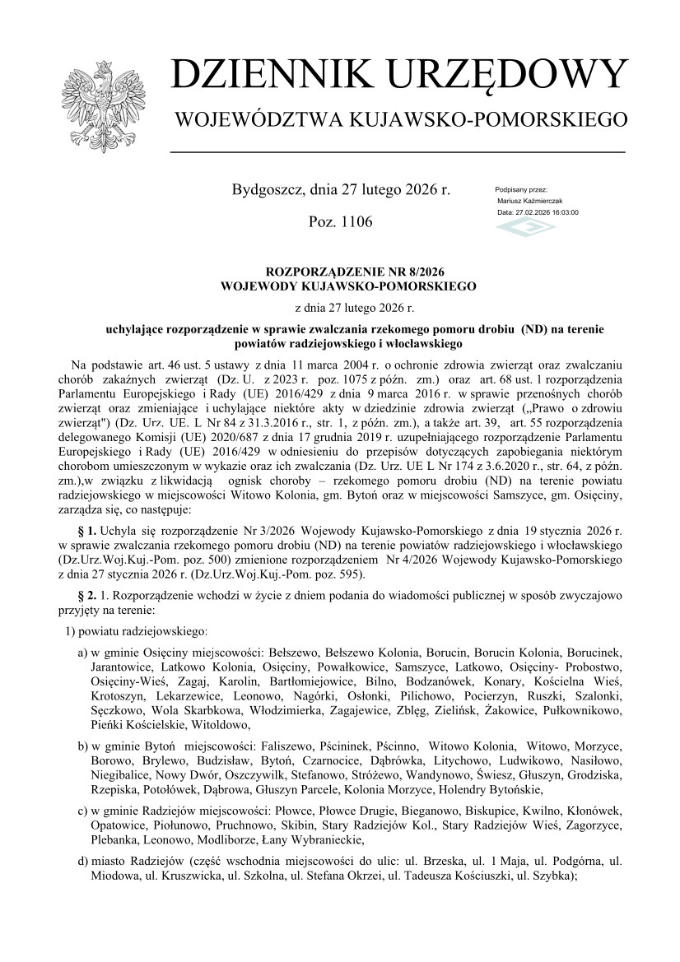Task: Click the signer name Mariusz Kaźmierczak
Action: click(x=530, y=201)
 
